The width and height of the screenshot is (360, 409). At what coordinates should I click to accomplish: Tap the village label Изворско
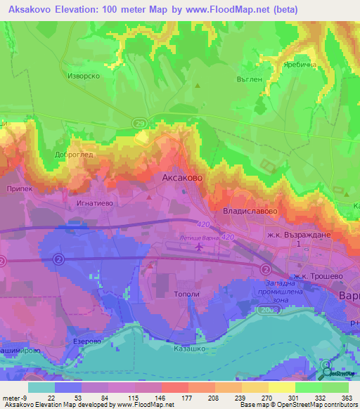tap(82, 75)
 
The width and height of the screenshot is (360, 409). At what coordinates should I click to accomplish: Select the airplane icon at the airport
tap(199, 247)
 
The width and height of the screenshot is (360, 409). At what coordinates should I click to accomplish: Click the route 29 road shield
tap(140, 124)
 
